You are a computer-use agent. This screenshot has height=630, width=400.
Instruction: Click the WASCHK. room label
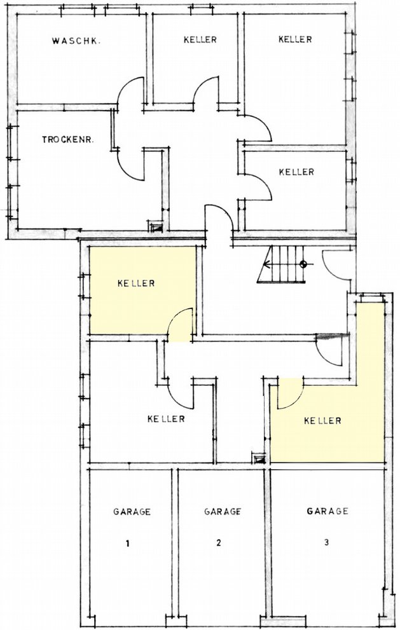click(x=76, y=41)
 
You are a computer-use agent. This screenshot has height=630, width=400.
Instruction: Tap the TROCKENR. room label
click(x=68, y=140)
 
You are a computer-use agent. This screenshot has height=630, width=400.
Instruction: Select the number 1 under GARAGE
click(x=127, y=544)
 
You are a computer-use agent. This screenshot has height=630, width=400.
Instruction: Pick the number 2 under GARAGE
click(x=218, y=543)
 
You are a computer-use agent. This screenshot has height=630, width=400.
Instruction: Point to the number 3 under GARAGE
click(x=326, y=542)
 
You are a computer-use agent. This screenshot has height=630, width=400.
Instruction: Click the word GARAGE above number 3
click(x=328, y=511)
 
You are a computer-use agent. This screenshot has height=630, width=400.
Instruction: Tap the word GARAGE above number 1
click(x=132, y=512)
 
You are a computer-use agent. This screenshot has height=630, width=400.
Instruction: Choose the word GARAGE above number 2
click(x=223, y=512)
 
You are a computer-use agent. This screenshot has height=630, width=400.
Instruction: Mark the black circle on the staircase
click(x=303, y=264)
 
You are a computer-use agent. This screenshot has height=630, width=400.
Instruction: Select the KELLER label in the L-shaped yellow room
click(x=323, y=421)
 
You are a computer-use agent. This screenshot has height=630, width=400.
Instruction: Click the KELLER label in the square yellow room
click(x=136, y=284)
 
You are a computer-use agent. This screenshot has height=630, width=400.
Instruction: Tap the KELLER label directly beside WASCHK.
click(x=200, y=39)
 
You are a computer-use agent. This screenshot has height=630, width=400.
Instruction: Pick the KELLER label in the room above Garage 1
click(x=166, y=419)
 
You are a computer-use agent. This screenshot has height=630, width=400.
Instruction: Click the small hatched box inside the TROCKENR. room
click(x=155, y=226)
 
